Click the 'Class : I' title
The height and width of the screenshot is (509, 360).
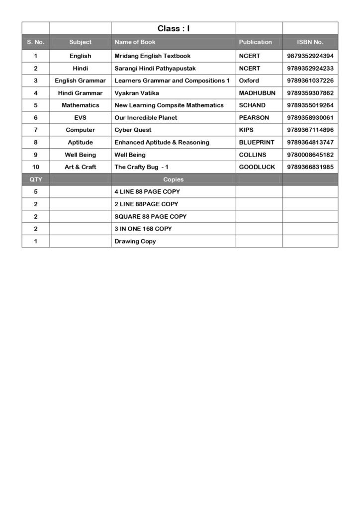(174, 29)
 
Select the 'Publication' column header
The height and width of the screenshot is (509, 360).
(255, 42)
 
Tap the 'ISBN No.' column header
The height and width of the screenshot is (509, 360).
(310, 42)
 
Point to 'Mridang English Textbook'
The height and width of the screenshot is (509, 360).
(152, 56)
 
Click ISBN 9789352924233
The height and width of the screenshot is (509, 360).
(310, 68)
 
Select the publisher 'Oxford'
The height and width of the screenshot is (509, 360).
(249, 81)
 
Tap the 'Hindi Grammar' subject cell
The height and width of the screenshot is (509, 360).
(80, 93)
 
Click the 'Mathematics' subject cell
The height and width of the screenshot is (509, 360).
(80, 105)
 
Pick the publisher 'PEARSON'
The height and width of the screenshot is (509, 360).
(254, 118)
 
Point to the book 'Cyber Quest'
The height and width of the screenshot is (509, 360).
(133, 130)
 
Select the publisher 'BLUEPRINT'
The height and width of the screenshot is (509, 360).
(256, 142)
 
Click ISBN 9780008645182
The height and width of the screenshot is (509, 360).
(310, 155)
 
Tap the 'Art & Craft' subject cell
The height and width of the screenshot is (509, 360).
(80, 167)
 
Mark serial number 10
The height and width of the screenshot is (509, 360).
(36, 167)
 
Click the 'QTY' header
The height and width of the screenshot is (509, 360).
(36, 179)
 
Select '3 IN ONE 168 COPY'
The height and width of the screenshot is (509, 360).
(143, 229)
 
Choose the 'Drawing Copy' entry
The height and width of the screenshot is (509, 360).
(135, 241)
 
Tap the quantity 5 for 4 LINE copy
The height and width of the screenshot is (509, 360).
(36, 191)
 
